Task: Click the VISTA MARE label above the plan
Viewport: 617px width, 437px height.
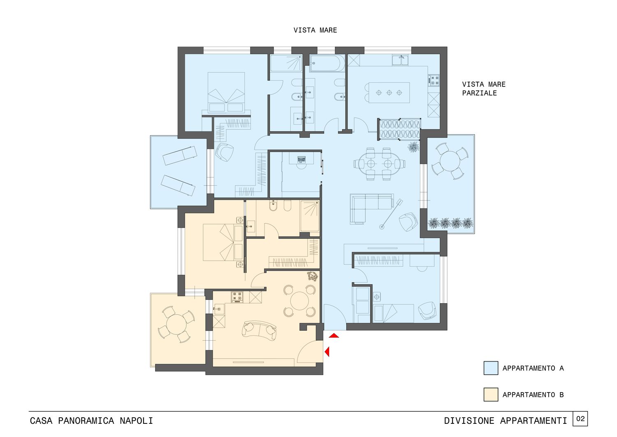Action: tap(315, 30)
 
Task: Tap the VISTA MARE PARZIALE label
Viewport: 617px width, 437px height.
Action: tap(484, 89)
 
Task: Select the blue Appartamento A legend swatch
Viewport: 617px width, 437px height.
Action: tap(491, 368)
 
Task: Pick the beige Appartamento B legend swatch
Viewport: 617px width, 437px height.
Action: tap(491, 395)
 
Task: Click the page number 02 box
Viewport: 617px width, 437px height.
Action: tap(580, 419)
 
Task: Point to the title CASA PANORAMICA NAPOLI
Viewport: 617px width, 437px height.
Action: tap(91, 421)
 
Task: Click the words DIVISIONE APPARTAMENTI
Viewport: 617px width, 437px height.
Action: tap(506, 421)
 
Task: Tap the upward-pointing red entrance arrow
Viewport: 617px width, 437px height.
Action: tap(334, 336)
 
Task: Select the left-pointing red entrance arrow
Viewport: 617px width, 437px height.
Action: tap(327, 352)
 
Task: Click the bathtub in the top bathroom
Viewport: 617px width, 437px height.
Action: tap(327, 63)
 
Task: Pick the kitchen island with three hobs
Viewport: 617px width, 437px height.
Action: tap(389, 93)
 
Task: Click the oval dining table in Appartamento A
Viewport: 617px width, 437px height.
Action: tap(379, 164)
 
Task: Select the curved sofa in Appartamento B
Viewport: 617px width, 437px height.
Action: tap(259, 330)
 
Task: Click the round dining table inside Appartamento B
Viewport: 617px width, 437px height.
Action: tap(299, 301)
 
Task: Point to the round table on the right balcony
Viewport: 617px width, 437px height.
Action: tap(449, 161)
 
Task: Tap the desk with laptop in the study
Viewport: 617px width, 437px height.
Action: tap(302, 157)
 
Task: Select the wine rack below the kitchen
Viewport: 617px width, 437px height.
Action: tap(399, 129)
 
